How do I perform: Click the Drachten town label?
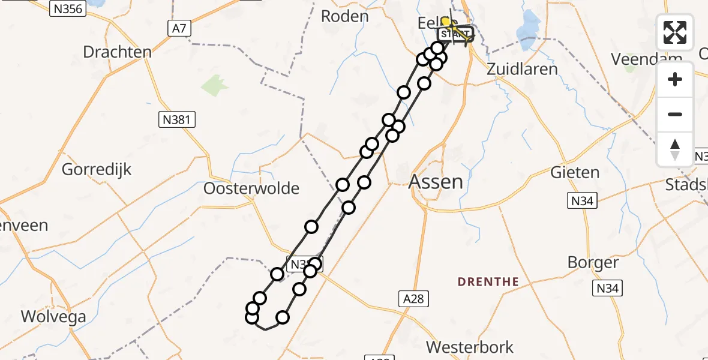[x=117, y=52]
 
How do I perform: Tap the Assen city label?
[x=436, y=182]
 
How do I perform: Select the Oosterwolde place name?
[x=251, y=188]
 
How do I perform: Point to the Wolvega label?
[x=53, y=316]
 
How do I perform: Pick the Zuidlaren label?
[x=521, y=68]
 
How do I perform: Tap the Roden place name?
[x=344, y=16]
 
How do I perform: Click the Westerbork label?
[x=470, y=347]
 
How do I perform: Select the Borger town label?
[x=593, y=263]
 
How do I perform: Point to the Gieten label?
[x=575, y=173]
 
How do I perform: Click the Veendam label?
[x=646, y=59]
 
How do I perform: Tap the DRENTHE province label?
[x=488, y=281]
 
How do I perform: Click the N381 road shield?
[x=176, y=119]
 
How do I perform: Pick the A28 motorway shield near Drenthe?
[x=414, y=298]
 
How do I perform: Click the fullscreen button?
[x=675, y=32]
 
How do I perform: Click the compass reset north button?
[x=675, y=149]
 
